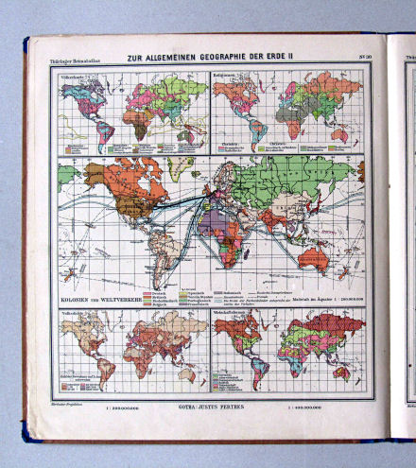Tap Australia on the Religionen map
pyautogui.click(x=339, y=135)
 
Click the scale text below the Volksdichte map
pyautogui.click(x=129, y=411)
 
